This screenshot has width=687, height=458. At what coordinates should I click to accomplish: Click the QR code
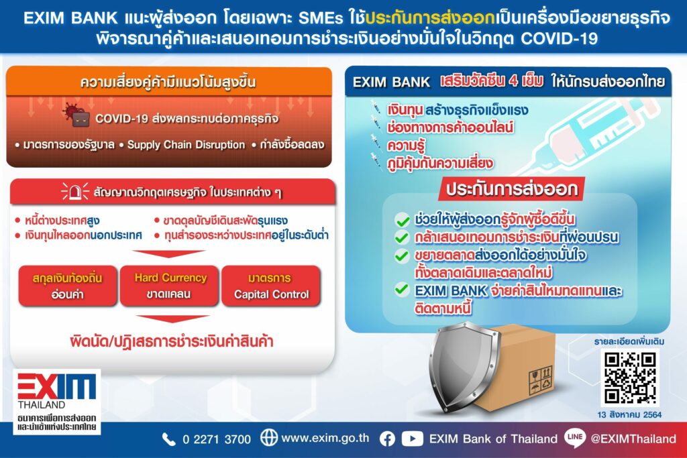click(629, 378)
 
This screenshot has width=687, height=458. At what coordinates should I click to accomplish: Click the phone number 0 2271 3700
click(217, 439)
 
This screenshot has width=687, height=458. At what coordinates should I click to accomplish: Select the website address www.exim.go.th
click(325, 439)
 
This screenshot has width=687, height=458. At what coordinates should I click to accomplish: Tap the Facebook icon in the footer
click(387, 439)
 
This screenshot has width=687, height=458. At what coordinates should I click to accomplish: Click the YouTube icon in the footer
click(413, 439)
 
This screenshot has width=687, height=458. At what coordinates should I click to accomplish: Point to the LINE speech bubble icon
click(575, 437)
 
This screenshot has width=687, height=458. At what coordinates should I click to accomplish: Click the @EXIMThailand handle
click(633, 439)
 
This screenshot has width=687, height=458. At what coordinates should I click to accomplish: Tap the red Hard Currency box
click(170, 286)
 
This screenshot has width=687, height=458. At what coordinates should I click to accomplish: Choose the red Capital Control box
click(271, 286)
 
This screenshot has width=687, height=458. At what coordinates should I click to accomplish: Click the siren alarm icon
click(75, 191)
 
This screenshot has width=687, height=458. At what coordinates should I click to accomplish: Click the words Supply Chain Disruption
click(187, 145)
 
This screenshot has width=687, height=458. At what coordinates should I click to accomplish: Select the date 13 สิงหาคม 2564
click(629, 414)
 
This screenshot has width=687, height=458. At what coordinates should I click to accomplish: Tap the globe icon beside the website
click(269, 438)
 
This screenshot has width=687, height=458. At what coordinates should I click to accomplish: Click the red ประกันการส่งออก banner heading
click(512, 189)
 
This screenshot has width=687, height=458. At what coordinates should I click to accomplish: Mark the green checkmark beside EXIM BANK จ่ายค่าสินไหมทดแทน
click(402, 290)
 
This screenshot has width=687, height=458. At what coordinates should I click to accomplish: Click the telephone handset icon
click(168, 439)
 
